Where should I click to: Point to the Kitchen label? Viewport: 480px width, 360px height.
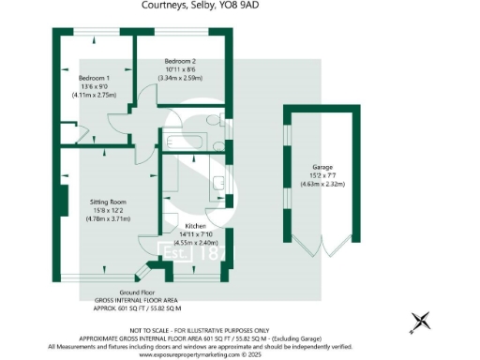pos(195,227)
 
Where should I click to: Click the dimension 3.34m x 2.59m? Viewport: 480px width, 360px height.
pos(181,77)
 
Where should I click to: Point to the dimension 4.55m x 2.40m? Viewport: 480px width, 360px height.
pos(195,243)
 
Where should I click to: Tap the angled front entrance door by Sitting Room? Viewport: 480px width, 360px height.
pos(142,273)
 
